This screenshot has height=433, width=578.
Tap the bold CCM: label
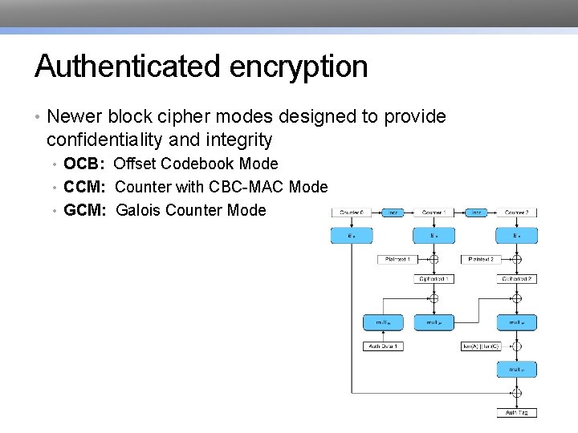pyautogui.click(x=86, y=187)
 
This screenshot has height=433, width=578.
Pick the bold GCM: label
pyautogui.click(x=86, y=210)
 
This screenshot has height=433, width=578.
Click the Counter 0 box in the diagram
pyautogui.click(x=351, y=212)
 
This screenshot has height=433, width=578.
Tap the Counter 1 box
pyautogui.click(x=433, y=212)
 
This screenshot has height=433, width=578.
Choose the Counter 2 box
pyautogui.click(x=516, y=212)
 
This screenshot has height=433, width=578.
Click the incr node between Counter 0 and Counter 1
pyautogui.click(x=393, y=212)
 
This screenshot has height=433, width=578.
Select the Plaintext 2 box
pyautogui.click(x=478, y=259)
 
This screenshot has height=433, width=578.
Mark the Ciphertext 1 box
pyautogui.click(x=433, y=278)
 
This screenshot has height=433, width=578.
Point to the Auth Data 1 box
pyautogui.click(x=384, y=346)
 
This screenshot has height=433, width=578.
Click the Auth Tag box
pyautogui.click(x=516, y=412)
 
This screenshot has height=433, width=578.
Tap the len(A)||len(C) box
pyautogui.click(x=480, y=346)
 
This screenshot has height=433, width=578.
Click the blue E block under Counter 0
pyautogui.click(x=351, y=236)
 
